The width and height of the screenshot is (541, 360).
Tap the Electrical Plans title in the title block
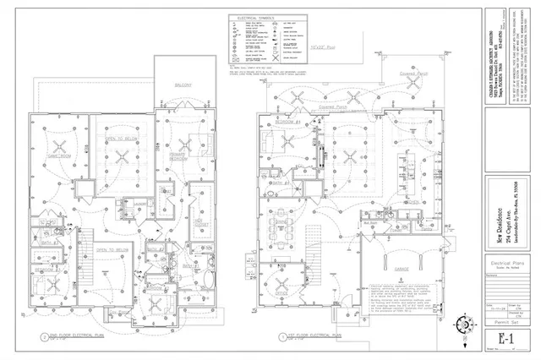point(505,265)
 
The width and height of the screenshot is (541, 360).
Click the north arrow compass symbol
point(464,323)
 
